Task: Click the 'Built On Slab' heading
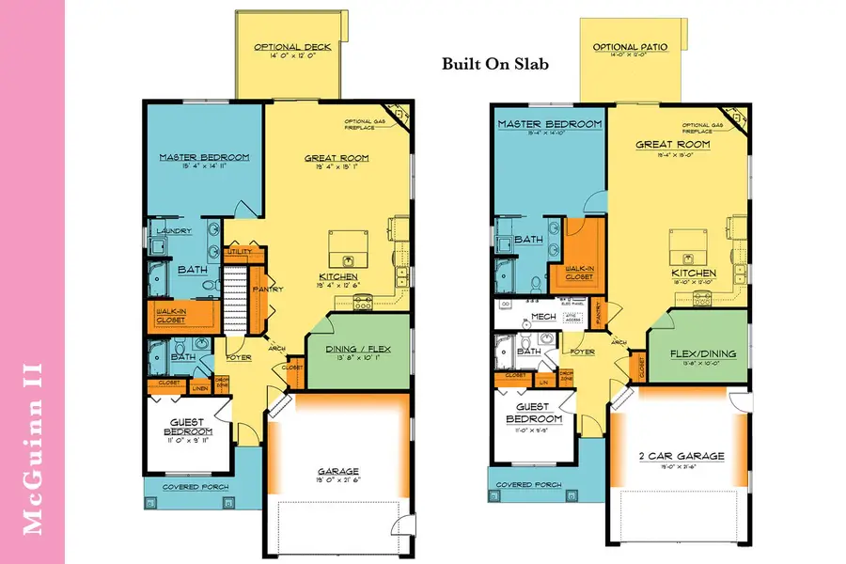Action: click(x=495, y=65)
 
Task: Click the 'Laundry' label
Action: click(x=175, y=231)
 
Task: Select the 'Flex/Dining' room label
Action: click(x=703, y=354)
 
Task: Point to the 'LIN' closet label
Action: click(x=542, y=382)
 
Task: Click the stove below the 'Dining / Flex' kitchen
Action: click(x=362, y=302)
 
